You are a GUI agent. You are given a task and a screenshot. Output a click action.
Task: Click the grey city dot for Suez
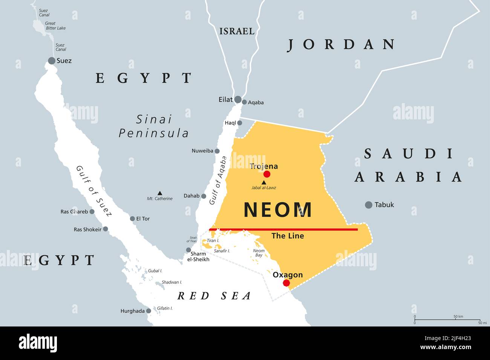coord(52,61)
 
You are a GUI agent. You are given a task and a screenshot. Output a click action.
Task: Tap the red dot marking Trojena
coord(267,174)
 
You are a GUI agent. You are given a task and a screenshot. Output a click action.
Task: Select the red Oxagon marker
coord(286,283)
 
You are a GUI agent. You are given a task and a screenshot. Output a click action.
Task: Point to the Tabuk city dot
coord(369,205)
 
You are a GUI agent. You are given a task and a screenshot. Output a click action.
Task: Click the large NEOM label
coord(278,210)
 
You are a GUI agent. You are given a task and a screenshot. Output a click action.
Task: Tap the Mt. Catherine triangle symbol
coord(160,193)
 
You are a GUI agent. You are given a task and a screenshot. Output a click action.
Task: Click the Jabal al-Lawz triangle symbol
coord(264,182)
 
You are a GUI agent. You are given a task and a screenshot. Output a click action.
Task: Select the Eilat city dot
coord(238,99)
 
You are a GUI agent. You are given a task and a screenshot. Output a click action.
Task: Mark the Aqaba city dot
coord(244,102)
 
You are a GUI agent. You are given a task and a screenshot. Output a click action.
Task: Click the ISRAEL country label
coord(237,31)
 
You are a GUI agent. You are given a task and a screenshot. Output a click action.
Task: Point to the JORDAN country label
coord(341,44)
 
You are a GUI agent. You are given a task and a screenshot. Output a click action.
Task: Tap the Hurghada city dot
coord(149,311)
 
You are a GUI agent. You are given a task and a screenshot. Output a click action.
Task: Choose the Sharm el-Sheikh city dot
coord(188,250)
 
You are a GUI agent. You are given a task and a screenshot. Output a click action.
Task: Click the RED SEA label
coord(214,296)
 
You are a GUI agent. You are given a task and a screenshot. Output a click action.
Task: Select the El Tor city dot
coord(132,218)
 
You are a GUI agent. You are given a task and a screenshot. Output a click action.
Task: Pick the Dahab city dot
coord(204,196)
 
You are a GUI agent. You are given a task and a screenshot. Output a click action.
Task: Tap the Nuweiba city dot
coord(217,151)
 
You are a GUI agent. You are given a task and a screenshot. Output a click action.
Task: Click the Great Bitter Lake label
coord(55,26)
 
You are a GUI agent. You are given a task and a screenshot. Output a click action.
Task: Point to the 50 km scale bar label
coord(458,316)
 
